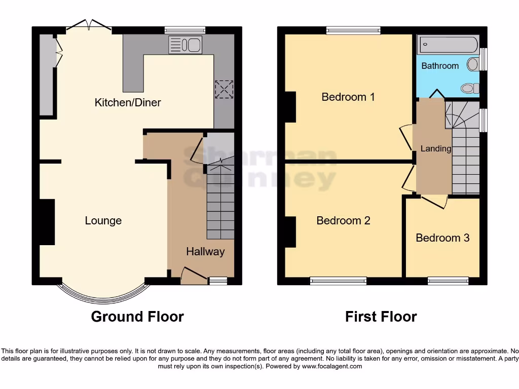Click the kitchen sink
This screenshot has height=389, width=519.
pos(185,45)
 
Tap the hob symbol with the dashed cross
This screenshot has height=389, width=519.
pos(223,89)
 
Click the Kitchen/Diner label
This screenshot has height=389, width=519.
pos(128,102)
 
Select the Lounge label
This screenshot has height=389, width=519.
pos(103,220)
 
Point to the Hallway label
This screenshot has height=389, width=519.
pos(205,251)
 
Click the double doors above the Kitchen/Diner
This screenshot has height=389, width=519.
pos(89,25)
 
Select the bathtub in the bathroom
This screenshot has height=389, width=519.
pos(448,45)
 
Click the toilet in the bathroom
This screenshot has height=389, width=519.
pos(470,89)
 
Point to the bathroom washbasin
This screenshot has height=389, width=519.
pos(473,64)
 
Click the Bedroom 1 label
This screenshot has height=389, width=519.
pos(348,97)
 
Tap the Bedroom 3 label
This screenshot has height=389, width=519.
pos(442,238)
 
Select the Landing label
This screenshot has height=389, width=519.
pos(435,148)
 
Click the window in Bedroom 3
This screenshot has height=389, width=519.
pos(448,280)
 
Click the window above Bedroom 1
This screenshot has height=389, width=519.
pos(353,30)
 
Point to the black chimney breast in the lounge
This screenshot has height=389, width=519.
pos(47,222)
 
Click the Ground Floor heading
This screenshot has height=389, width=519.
pos(137,317)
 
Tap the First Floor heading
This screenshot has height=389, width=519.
pos(381,317)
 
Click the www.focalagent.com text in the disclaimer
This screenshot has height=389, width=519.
pos(332,366)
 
